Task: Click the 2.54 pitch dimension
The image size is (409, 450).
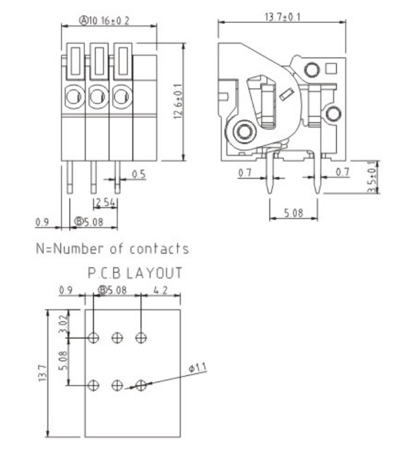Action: point(105,203)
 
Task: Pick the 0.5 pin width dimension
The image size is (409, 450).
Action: point(138,173)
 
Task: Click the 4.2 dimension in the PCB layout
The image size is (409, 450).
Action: point(160,290)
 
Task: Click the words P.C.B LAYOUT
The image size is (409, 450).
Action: point(135,273)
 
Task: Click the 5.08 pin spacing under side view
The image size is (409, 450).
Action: point(293,213)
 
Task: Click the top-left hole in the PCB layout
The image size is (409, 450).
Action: point(93,338)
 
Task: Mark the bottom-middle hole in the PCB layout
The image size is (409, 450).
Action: point(117,385)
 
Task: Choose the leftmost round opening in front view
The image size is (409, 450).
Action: point(73,97)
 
